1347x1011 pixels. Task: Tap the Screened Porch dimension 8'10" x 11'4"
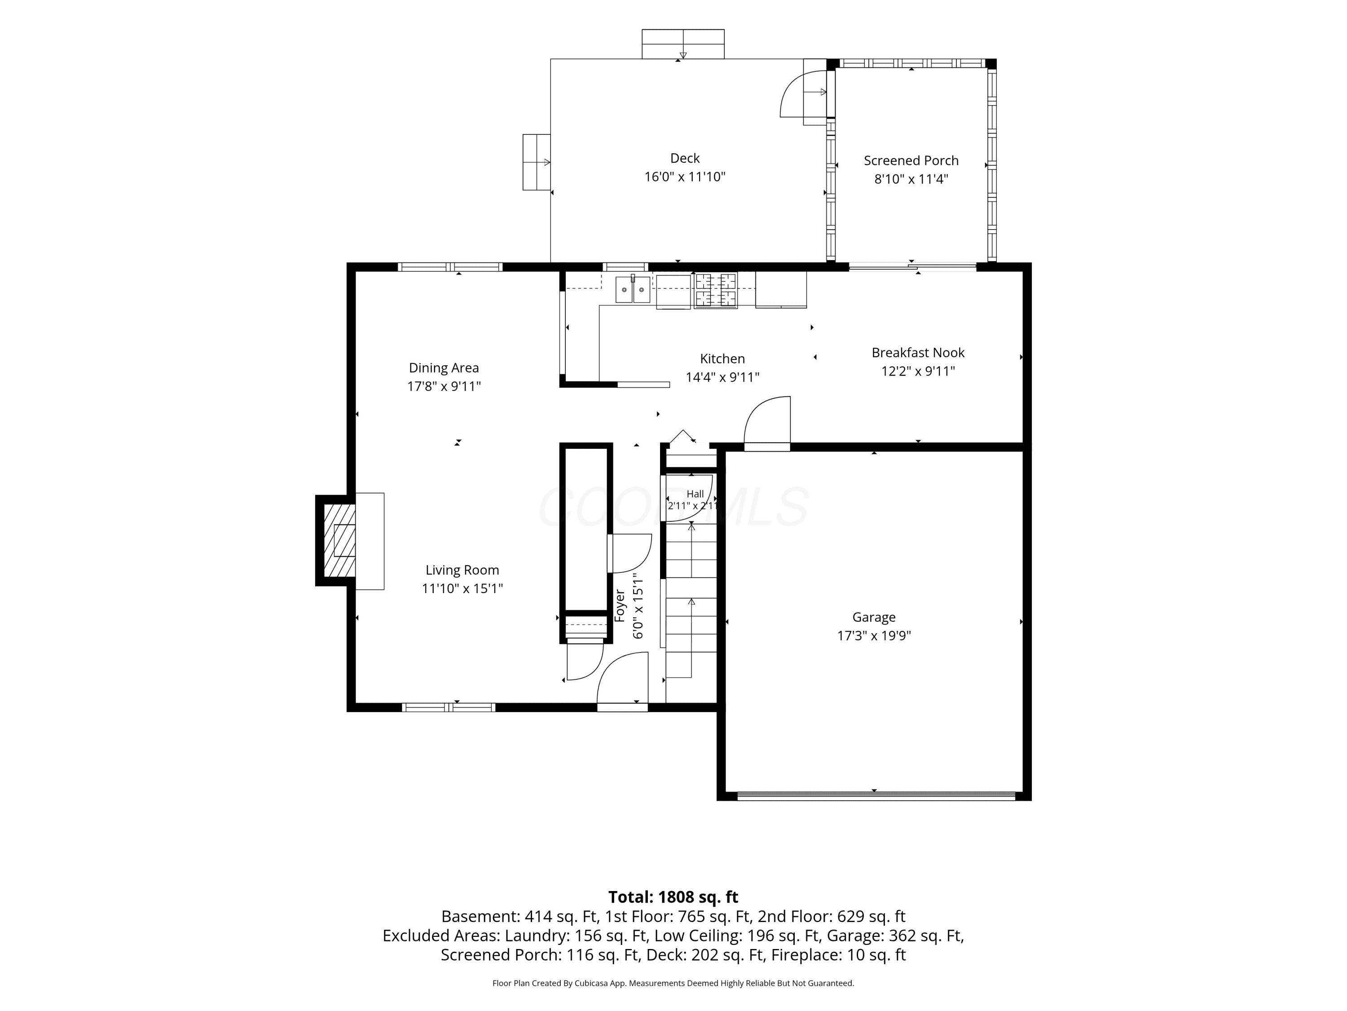pos(911,179)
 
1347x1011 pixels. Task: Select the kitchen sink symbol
pos(633,289)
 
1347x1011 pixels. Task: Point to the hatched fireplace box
pos(339,541)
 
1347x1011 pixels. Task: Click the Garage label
pos(874,617)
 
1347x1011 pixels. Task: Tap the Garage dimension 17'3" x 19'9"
pos(874,636)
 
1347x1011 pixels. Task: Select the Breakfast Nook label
pos(918,353)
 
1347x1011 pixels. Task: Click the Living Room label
pos(462,570)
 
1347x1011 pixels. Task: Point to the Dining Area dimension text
pos(444,386)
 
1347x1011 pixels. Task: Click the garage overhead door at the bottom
pos(876,795)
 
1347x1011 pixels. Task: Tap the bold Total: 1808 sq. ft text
pos(673,897)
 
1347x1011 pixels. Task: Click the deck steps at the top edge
pos(682,44)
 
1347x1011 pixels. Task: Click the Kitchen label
pos(722,359)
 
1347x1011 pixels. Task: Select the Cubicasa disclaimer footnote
pos(673,983)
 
